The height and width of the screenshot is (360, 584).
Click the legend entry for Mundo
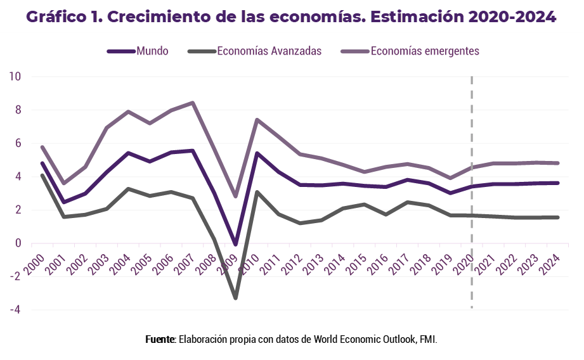(152, 51)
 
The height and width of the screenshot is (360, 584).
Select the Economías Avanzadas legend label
(269, 51)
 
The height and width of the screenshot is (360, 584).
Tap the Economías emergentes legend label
(424, 51)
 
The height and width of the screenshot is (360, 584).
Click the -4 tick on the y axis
(15, 310)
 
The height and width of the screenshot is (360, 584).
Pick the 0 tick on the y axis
(18, 243)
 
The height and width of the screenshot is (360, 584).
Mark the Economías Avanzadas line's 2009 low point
(235, 298)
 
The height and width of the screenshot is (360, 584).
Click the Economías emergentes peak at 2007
(193, 103)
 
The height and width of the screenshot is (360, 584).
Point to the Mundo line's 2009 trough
(235, 245)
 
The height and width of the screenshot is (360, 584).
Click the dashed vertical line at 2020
(472, 190)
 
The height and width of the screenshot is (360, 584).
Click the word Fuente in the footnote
(160, 339)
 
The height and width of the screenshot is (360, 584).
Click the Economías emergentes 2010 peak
(256, 120)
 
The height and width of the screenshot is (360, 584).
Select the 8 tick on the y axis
(18, 110)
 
